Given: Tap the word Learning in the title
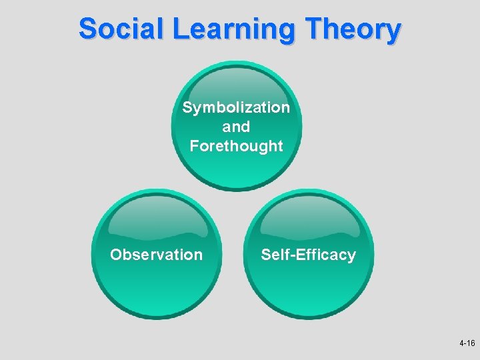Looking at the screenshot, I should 229,30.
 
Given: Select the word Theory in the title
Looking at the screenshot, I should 353,30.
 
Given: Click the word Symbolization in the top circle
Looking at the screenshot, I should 236,107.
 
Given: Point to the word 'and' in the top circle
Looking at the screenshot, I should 237,127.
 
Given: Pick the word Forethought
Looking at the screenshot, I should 237,145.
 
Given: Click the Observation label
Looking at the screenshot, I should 156,255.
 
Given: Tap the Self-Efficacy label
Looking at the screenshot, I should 308,255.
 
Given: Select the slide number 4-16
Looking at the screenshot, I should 467,343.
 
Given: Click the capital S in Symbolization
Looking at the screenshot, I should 187,107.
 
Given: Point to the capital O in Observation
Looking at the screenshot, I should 116,255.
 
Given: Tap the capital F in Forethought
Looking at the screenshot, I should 194,145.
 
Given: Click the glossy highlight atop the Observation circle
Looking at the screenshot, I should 156,217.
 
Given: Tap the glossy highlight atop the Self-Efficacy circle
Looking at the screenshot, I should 308,217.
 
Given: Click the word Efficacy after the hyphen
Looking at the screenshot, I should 325,255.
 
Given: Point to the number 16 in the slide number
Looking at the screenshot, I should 471,343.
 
